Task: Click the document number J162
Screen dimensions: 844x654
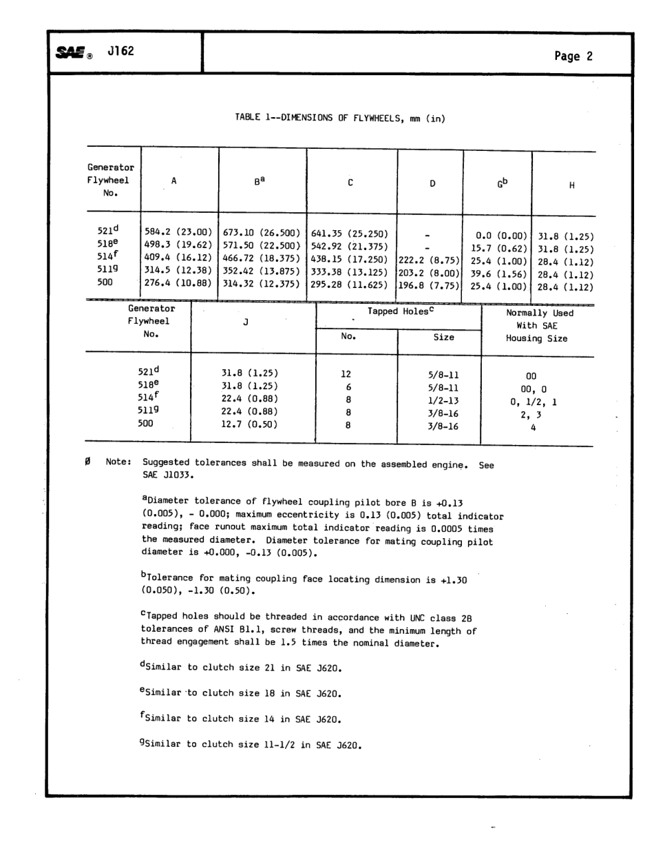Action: [120, 52]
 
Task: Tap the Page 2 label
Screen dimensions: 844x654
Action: [573, 56]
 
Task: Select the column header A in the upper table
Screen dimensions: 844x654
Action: [174, 181]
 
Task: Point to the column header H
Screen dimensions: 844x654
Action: [571, 185]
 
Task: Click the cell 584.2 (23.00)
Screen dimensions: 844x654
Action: [178, 234]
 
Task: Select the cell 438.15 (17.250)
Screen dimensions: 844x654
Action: [350, 260]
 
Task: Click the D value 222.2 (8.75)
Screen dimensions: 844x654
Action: [430, 260]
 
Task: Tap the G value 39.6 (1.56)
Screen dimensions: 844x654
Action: [498, 274]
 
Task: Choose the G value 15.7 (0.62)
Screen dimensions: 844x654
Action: [498, 247]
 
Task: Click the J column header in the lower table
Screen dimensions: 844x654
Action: [246, 321]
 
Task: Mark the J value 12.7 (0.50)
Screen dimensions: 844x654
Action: [249, 424]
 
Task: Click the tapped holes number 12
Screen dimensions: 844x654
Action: [346, 374]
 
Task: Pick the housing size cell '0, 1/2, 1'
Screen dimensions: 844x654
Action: [534, 402]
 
